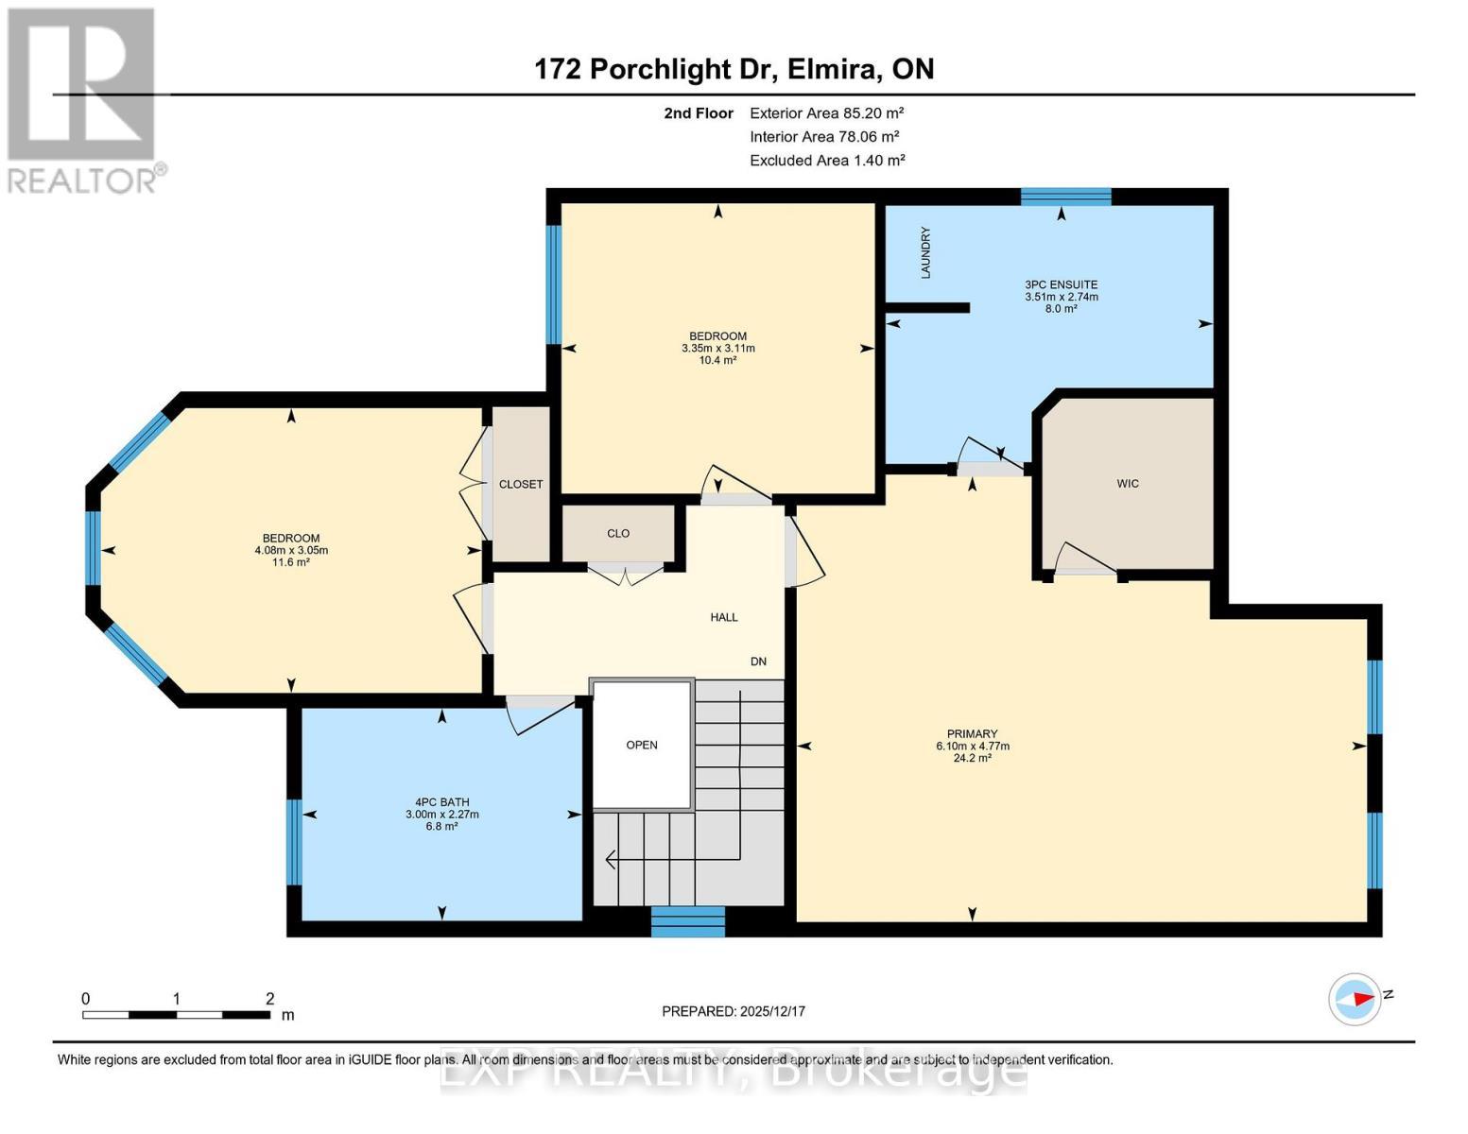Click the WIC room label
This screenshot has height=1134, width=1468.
(x=1127, y=484)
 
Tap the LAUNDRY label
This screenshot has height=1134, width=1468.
(x=925, y=252)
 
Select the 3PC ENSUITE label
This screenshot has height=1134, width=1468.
(x=1061, y=284)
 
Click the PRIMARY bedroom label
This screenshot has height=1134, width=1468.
(x=972, y=734)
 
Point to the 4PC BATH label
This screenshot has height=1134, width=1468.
(x=441, y=802)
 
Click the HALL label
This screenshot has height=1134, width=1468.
(x=723, y=617)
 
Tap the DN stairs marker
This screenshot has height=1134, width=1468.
(x=758, y=661)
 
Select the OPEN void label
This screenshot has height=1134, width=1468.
(x=641, y=745)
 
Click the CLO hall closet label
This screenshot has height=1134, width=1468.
(x=618, y=534)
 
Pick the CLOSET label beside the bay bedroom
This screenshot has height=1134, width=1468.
(x=521, y=484)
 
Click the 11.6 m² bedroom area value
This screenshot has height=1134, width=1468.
(x=291, y=562)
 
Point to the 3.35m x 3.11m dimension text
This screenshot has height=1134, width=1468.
(x=717, y=348)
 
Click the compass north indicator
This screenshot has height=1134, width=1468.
(x=1356, y=999)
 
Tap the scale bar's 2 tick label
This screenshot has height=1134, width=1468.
(x=269, y=999)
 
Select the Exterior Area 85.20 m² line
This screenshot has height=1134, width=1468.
(x=827, y=113)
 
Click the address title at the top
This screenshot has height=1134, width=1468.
(x=734, y=69)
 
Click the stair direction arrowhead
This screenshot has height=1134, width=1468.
(x=611, y=859)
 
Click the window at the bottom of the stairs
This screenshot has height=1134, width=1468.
(x=688, y=921)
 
